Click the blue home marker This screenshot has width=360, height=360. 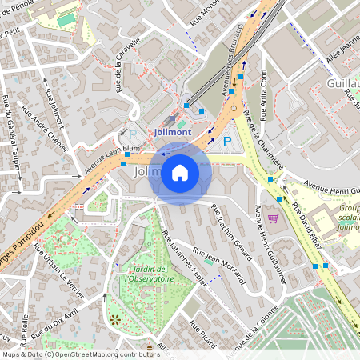[x=180, y=173]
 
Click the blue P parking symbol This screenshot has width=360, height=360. [x=226, y=142]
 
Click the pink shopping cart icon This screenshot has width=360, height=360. [x=273, y=217]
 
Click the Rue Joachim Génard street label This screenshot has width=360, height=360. [x=232, y=231]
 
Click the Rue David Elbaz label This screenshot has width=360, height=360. [x=306, y=235]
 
